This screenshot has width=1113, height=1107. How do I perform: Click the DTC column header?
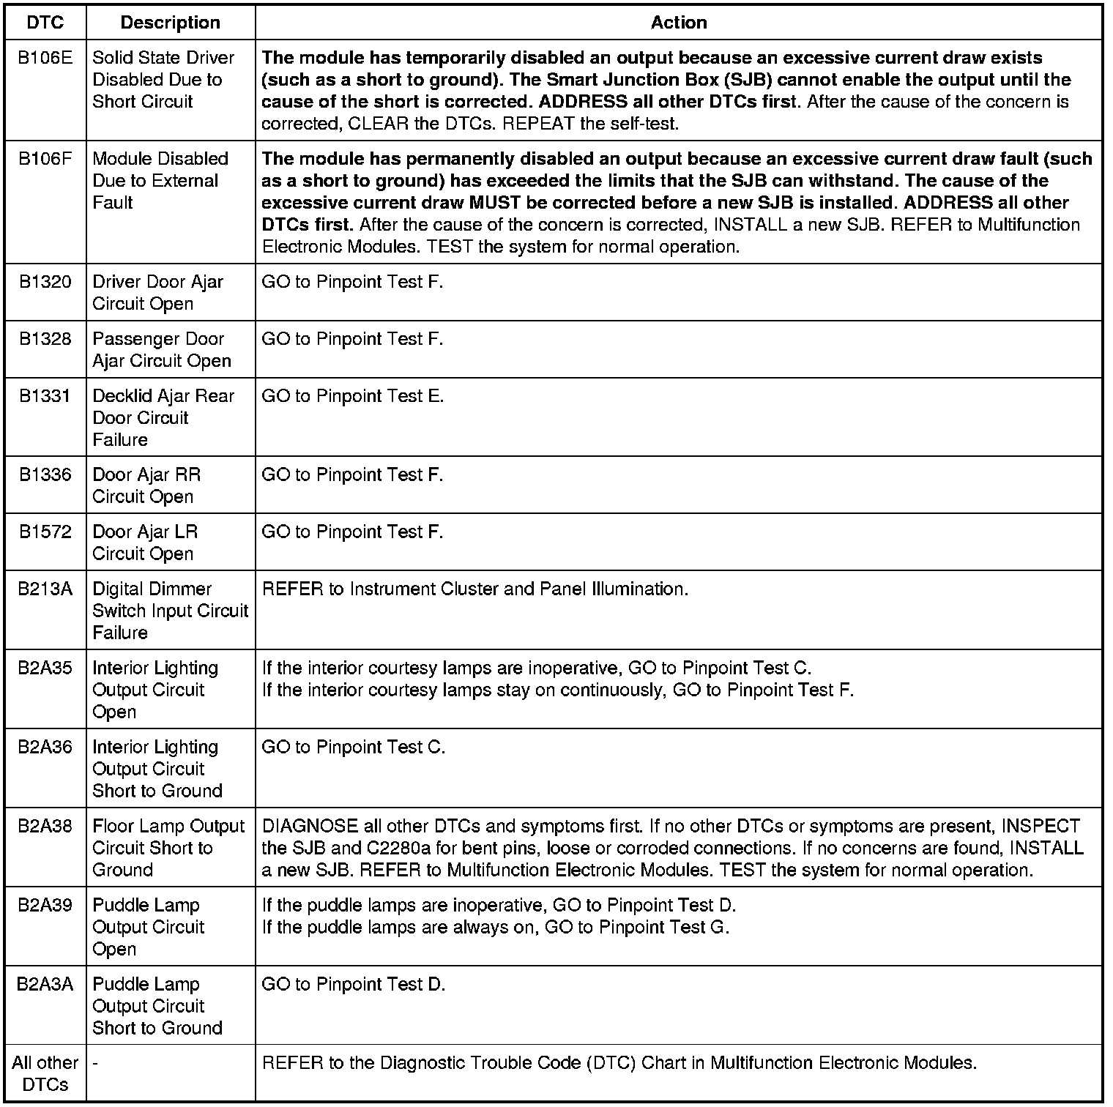45,23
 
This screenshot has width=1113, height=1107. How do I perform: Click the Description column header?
170,23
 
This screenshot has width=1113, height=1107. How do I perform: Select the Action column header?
679,23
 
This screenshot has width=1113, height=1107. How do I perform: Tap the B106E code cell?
45,58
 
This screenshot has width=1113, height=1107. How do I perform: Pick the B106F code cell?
45,159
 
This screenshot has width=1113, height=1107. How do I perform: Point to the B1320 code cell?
45,282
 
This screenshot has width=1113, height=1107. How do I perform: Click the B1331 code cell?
45,396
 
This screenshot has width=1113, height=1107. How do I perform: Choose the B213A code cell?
45,589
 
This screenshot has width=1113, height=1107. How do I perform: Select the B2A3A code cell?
45,985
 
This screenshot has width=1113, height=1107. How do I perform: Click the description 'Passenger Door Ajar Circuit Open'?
162,350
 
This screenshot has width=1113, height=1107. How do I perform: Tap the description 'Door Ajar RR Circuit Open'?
146,486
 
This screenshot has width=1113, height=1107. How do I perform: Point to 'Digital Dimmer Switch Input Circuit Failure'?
170,611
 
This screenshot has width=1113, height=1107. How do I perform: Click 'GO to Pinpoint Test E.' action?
352,396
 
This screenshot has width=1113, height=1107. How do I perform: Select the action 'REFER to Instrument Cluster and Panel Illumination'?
474,589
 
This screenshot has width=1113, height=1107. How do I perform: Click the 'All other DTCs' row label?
45,1073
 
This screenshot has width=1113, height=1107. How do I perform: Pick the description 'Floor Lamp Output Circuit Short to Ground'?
168,848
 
